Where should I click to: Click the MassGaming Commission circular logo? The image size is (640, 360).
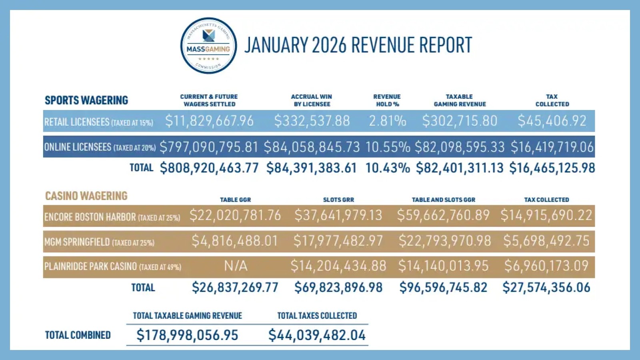coord(208,46)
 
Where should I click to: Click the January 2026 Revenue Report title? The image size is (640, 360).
coord(358,45)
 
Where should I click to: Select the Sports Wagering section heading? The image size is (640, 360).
coord(86,100)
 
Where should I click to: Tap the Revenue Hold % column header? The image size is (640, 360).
coord(387,100)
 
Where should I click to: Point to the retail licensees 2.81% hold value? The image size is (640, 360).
coord(387,121)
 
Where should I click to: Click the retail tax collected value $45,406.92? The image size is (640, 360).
coord(552,121)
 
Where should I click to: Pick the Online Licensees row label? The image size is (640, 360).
coord(100,147)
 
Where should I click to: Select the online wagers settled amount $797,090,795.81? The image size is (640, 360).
coord(209,147)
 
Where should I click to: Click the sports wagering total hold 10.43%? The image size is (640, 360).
coord(387,168)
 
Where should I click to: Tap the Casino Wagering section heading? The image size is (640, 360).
coord(86,196)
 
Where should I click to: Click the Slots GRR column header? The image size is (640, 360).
coord(338,200)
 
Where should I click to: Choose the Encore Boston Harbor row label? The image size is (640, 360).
coord(112,217)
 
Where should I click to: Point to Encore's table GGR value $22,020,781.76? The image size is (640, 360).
coord(235,216)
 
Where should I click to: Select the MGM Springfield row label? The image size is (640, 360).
coord(99,242)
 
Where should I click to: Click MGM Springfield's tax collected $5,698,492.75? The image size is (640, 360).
coord(546,241)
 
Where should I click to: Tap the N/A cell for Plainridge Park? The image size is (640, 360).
coord(235,266)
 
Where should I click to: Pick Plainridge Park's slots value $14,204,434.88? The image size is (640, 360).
coord(338,266)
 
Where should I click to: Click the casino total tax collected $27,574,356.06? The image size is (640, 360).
coord(546,288)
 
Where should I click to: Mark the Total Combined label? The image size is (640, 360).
coord(78,335)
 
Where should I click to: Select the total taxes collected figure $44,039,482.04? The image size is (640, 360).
coord(317,335)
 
